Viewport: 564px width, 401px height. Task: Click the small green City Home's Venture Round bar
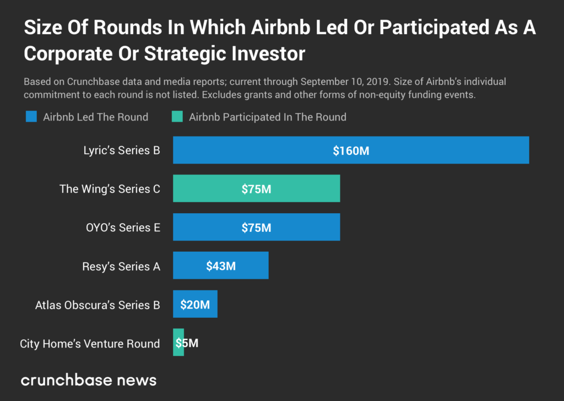click(177, 343)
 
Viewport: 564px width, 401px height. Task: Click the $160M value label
click(351, 150)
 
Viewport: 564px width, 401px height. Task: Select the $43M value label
click(221, 266)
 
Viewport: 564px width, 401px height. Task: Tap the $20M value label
click(195, 305)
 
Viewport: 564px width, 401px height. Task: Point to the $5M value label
click(187, 343)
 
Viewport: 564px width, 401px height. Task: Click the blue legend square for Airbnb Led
click(31, 117)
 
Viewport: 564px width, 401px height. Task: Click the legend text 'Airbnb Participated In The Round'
click(268, 117)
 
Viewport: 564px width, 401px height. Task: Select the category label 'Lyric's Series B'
click(118, 150)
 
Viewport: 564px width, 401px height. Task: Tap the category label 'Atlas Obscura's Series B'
click(97, 305)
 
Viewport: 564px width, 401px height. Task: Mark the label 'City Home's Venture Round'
click(90, 344)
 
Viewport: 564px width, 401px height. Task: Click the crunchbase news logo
click(89, 380)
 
